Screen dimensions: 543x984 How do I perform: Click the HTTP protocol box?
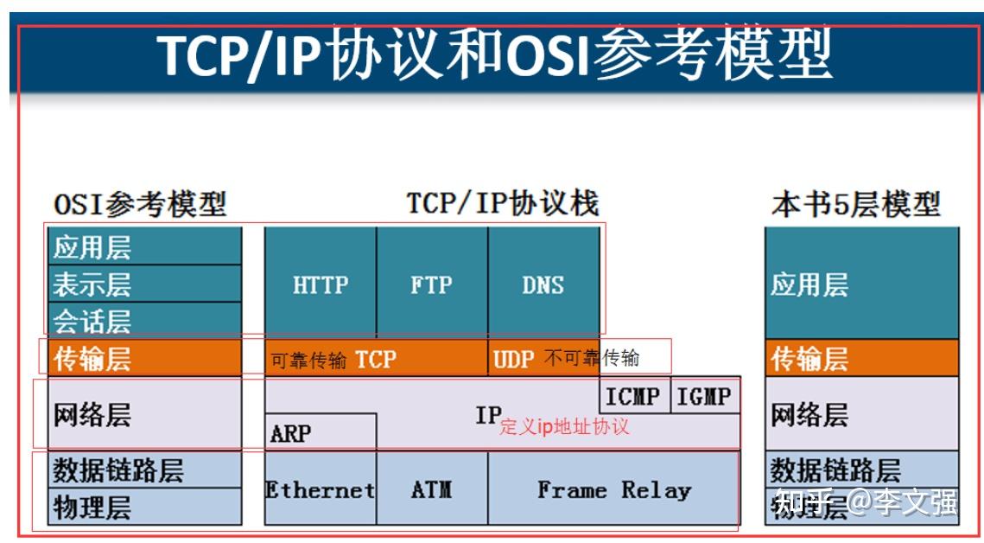(320, 284)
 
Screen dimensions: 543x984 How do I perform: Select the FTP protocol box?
(431, 284)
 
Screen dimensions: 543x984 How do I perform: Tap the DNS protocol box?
(543, 284)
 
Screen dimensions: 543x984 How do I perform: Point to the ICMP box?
(633, 396)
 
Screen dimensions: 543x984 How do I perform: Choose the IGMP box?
(704, 396)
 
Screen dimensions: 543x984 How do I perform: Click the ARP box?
(290, 432)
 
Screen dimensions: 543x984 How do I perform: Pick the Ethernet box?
(320, 489)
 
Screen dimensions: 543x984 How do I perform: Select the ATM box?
(431, 489)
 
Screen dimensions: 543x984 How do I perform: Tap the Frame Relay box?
(613, 489)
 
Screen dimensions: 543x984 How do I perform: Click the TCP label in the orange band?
(376, 359)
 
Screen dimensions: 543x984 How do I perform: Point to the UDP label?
(514, 359)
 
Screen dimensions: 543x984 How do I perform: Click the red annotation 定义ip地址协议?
(564, 426)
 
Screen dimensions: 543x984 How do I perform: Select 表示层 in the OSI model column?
(92, 284)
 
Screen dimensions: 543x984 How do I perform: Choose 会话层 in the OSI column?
(92, 321)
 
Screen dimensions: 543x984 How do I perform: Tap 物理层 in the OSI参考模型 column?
(92, 505)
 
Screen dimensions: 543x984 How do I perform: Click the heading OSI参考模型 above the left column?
(140, 204)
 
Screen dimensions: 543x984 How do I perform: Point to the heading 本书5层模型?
(855, 204)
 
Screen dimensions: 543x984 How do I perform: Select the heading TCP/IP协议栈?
(502, 203)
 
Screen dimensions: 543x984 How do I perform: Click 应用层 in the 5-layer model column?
(809, 284)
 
